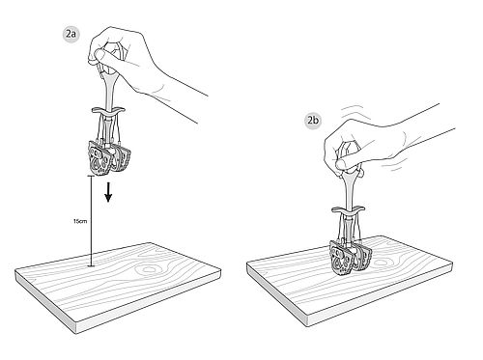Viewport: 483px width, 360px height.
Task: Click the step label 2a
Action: click(71, 35)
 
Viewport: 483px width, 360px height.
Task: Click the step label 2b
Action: click(313, 121)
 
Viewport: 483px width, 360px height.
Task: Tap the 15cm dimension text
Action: click(80, 221)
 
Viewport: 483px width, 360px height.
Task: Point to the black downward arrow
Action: click(108, 192)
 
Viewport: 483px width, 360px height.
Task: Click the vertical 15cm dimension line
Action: click(92, 221)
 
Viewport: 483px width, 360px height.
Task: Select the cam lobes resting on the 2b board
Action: click(351, 259)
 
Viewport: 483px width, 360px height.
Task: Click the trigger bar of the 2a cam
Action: click(108, 110)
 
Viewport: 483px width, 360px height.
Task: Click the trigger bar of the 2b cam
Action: click(349, 210)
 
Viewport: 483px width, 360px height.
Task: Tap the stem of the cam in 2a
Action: click(108, 89)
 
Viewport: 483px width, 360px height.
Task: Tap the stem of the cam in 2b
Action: click(349, 190)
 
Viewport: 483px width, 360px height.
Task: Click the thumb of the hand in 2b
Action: click(349, 162)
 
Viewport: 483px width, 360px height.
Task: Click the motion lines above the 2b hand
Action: click(353, 111)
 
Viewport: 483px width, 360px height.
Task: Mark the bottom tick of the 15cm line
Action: click(92, 266)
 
